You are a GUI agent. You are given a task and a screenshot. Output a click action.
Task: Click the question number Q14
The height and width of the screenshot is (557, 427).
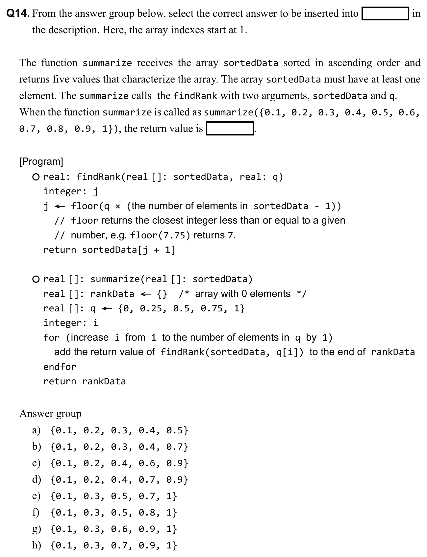tap(18, 13)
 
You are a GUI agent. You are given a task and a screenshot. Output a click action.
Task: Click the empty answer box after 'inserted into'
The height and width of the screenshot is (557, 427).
tap(385, 14)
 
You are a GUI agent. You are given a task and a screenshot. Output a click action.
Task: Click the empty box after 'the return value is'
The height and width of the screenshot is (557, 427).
tap(230, 129)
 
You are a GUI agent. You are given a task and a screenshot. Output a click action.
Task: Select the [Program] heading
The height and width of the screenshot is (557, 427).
tap(41, 161)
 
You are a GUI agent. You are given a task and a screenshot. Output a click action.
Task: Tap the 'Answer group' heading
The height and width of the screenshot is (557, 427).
tap(50, 413)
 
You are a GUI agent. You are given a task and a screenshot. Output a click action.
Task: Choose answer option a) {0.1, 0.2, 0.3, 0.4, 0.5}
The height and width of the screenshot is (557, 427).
tap(110, 430)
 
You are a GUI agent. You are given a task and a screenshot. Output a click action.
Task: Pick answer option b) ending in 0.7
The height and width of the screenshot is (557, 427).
tap(110, 447)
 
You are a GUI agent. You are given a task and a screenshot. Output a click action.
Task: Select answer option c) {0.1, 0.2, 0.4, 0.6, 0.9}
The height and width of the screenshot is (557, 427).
tap(110, 463)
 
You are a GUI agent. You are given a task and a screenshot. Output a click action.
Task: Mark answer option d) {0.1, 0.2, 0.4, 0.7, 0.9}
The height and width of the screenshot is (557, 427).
tap(110, 480)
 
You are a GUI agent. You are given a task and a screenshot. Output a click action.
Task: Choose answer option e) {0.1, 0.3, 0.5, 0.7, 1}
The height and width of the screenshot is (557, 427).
tap(105, 496)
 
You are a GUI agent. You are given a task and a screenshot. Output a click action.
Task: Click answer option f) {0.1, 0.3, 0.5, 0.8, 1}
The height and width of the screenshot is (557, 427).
tap(105, 513)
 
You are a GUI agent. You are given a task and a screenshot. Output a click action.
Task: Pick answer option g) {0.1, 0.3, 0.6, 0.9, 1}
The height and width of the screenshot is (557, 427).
tap(105, 529)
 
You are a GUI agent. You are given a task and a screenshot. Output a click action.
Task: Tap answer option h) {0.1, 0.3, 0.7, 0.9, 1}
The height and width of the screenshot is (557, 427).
tap(105, 545)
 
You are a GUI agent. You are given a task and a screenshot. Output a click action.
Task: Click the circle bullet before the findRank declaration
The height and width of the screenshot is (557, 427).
tap(36, 177)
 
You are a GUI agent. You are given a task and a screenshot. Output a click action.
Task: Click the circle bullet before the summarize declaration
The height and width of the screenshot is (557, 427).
tap(36, 279)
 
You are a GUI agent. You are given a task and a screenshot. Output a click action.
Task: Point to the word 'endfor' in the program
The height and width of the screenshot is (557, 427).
tap(60, 367)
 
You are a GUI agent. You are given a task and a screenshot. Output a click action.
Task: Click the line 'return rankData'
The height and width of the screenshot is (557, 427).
tap(85, 381)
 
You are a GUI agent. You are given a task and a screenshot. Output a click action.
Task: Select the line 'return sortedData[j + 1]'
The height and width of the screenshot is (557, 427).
tap(109, 250)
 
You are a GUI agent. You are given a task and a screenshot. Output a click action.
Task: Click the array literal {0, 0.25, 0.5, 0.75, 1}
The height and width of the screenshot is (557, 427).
tap(181, 308)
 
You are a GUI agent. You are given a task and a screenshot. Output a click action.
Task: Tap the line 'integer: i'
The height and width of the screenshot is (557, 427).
tap(71, 323)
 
